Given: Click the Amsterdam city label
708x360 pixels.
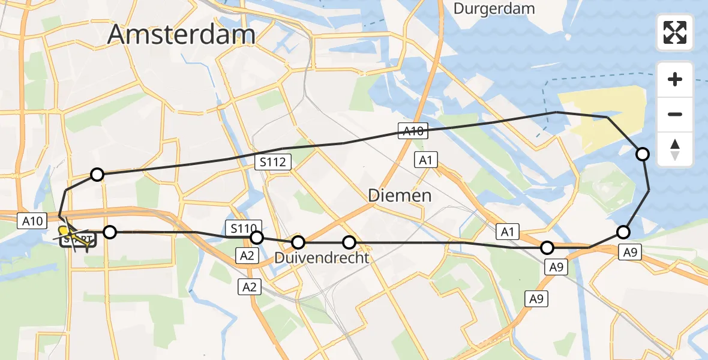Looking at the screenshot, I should pyautogui.click(x=181, y=34).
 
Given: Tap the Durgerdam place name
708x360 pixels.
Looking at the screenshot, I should pyautogui.click(x=494, y=8).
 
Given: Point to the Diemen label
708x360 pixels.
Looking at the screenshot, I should pyautogui.click(x=400, y=195).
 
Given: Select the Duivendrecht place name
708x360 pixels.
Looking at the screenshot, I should pyautogui.click(x=322, y=257).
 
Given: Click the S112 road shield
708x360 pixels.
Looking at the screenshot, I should pyautogui.click(x=276, y=161).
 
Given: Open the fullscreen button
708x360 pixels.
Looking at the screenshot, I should pyautogui.click(x=675, y=32).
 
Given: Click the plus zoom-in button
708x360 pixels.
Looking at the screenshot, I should pyautogui.click(x=675, y=79).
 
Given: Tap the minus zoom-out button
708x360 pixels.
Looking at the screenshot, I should pyautogui.click(x=675, y=114).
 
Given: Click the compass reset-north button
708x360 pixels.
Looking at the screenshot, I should pyautogui.click(x=675, y=149).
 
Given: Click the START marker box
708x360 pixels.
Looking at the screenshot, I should pyautogui.click(x=78, y=241).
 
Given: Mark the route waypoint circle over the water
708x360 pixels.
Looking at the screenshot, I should pyautogui.click(x=643, y=154).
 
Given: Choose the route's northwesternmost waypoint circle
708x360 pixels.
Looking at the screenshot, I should pyautogui.click(x=97, y=175).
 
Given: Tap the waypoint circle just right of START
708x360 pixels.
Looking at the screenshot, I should pyautogui.click(x=109, y=232).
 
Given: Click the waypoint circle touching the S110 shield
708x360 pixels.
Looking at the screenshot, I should pyautogui.click(x=256, y=238).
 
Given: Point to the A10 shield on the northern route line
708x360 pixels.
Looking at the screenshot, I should pyautogui.click(x=413, y=131).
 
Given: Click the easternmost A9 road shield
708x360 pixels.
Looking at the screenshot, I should pyautogui.click(x=629, y=253).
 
